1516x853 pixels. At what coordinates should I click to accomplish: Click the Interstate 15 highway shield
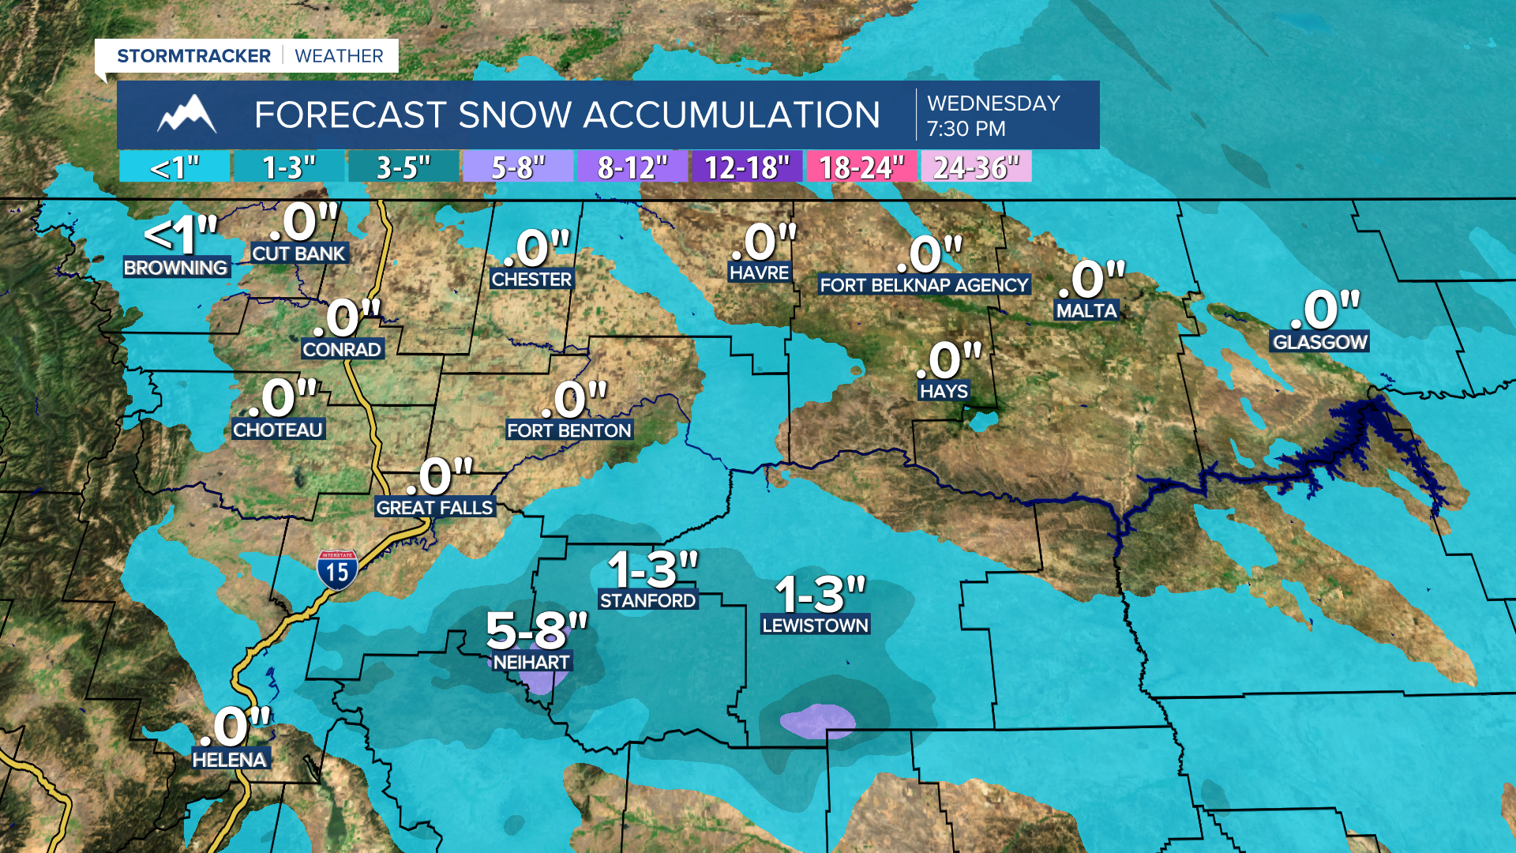tap(337, 569)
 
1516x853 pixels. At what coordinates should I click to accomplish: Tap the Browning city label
tap(176, 268)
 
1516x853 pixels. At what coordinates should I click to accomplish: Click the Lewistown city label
tap(815, 625)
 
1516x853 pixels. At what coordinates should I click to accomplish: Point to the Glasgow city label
tap(1319, 342)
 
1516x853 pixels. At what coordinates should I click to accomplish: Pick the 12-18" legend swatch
tap(746, 167)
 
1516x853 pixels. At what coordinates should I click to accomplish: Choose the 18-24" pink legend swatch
tap(861, 167)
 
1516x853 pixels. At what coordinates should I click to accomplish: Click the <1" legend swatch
tap(174, 167)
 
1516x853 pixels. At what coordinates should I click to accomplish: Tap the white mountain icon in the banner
tap(186, 115)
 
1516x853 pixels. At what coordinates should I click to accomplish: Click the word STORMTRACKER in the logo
tap(193, 56)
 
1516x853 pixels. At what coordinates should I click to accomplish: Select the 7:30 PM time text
tap(966, 129)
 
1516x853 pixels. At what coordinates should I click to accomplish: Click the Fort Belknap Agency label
tap(924, 285)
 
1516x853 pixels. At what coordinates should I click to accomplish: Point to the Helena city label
tap(230, 759)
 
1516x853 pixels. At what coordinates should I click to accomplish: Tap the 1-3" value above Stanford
tap(652, 569)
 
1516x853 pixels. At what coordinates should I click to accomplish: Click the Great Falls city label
tap(434, 507)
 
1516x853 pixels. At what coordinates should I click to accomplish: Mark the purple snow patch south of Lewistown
tap(817, 720)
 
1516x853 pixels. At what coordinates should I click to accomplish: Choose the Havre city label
tap(759, 272)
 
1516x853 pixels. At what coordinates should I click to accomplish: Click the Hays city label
tap(944, 391)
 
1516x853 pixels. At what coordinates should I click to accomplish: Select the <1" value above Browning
tap(181, 234)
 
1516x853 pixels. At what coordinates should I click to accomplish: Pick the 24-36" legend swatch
tap(976, 167)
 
